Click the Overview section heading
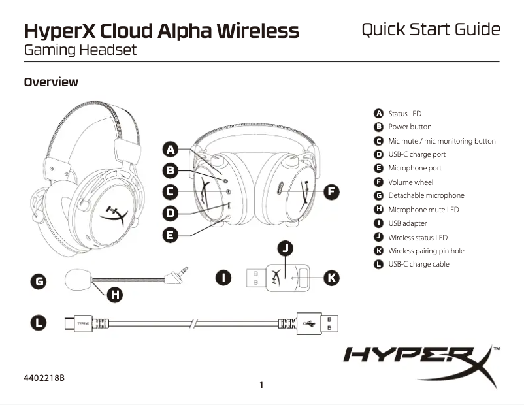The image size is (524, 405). (51, 82)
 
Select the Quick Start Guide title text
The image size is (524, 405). (431, 29)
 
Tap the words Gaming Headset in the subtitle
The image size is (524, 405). (80, 50)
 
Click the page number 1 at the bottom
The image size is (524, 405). (261, 385)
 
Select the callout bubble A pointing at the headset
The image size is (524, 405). (170, 150)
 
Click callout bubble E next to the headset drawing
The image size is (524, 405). (170, 235)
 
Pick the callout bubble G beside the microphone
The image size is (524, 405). (40, 282)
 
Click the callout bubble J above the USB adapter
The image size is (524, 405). (286, 248)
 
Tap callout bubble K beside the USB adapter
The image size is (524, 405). (331, 278)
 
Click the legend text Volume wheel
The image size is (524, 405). (410, 182)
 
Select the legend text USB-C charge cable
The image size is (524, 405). (419, 264)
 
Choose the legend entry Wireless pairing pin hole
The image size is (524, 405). (426, 251)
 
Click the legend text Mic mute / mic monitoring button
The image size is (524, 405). (442, 141)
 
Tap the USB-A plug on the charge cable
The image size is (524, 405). (317, 323)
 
